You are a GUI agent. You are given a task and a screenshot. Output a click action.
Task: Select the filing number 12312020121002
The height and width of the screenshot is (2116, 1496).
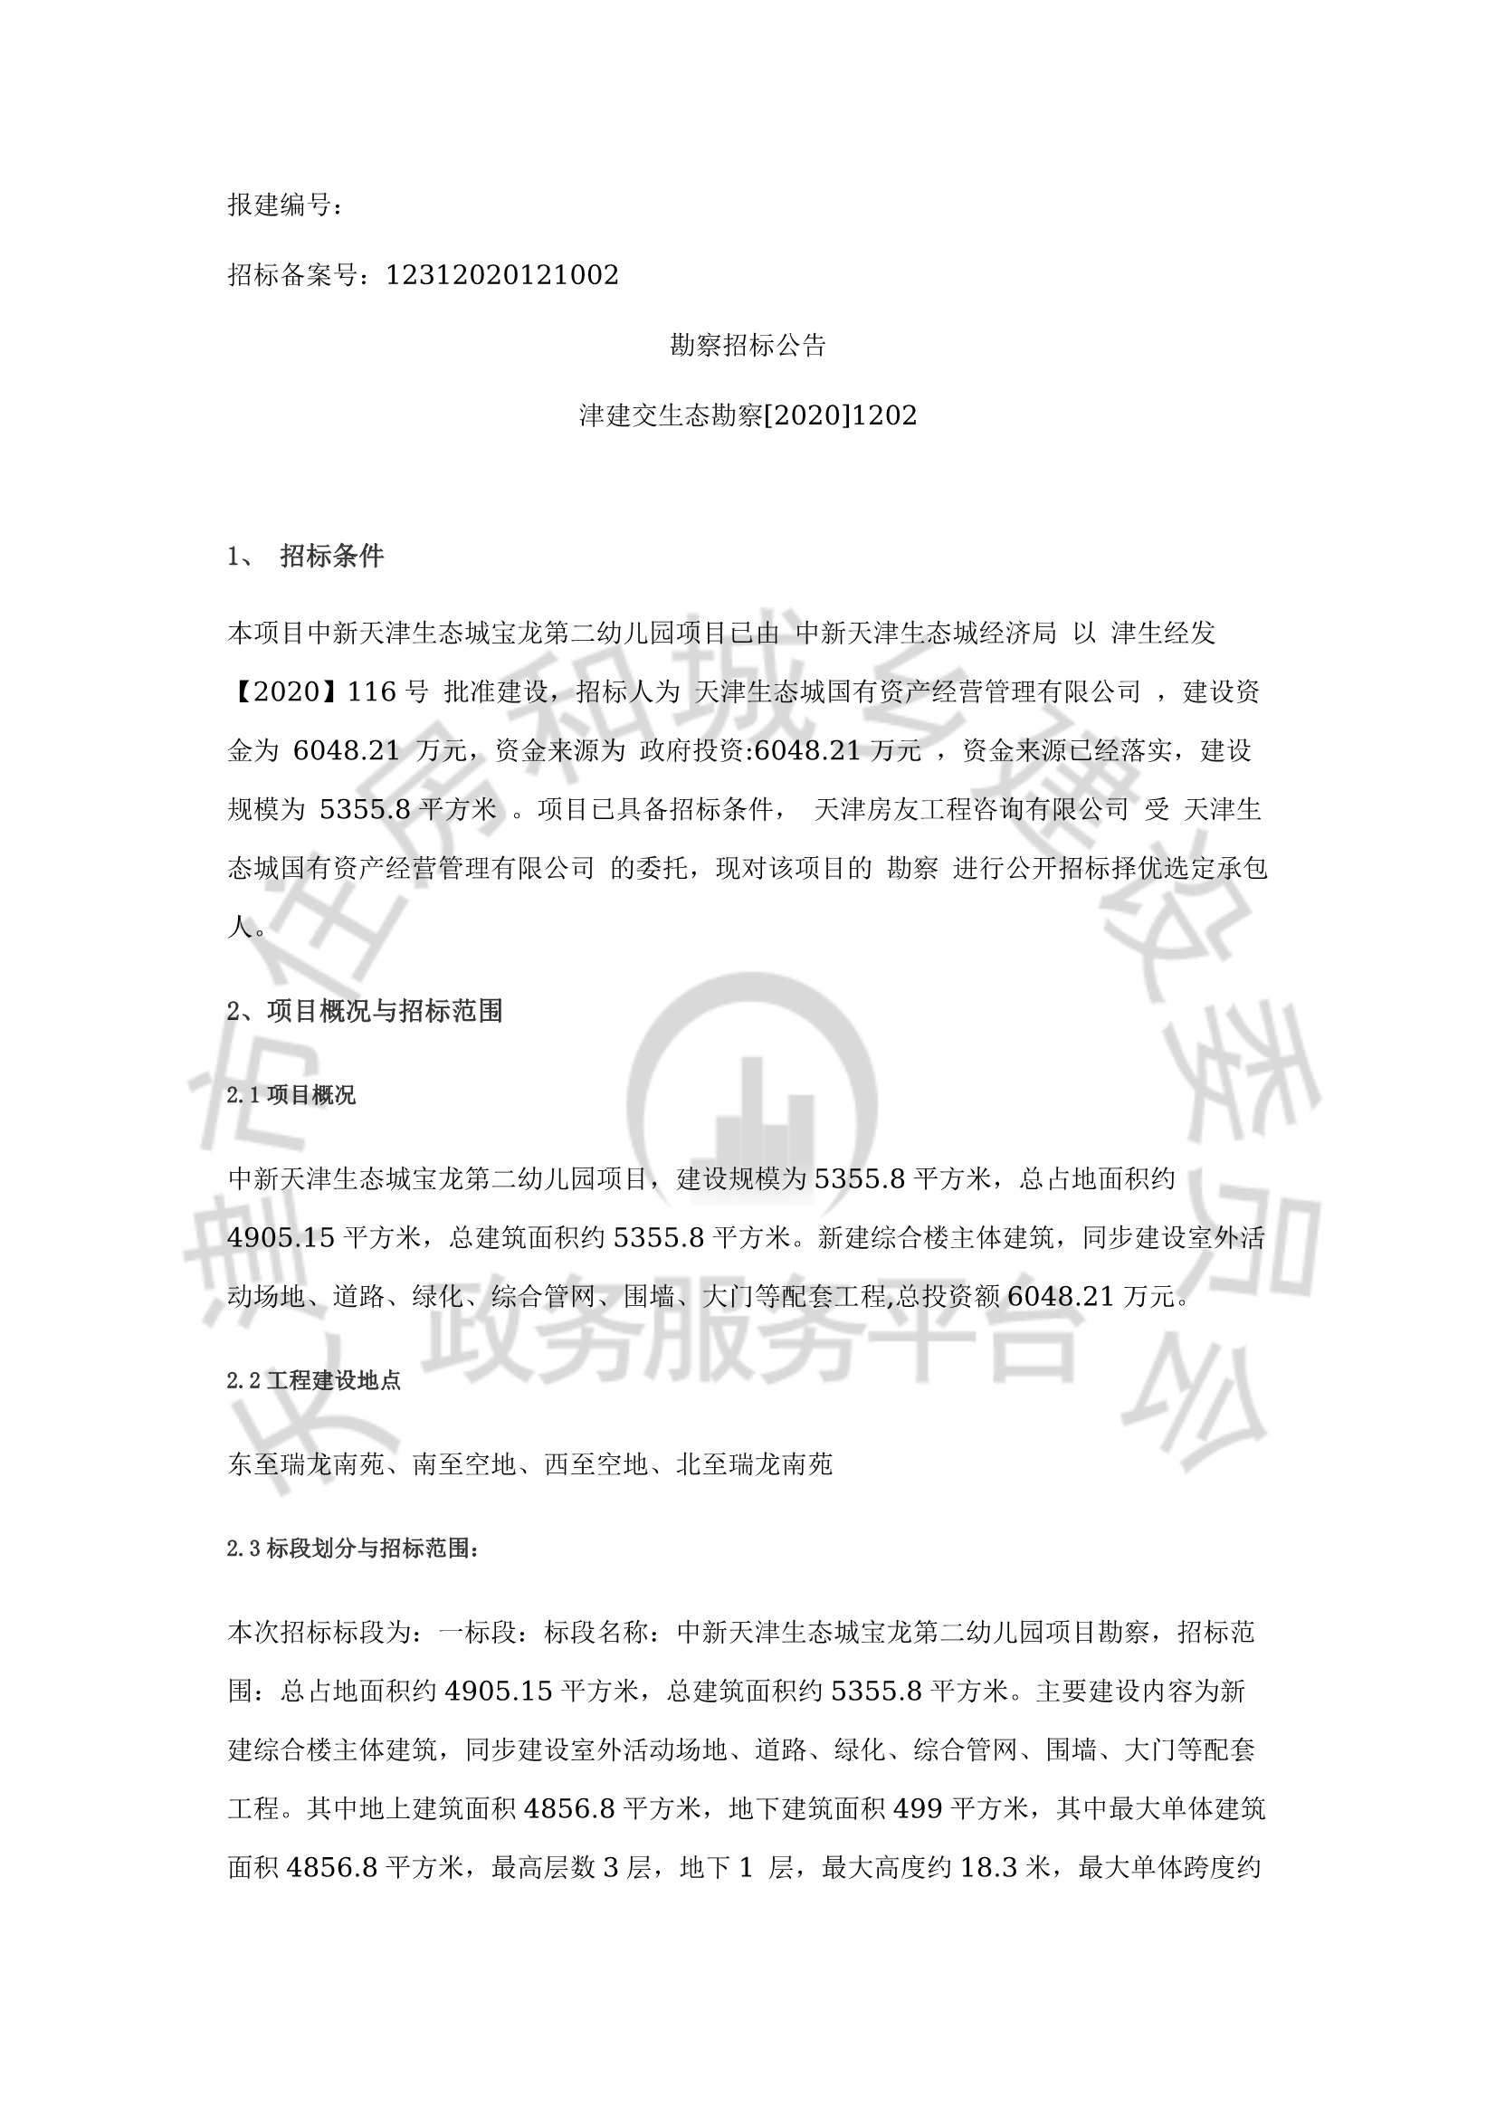coord(501,274)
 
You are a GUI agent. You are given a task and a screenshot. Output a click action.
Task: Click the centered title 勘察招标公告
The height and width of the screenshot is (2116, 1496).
coord(748,346)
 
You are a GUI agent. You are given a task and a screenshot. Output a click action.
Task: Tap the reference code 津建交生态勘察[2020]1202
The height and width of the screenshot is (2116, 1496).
coord(748,415)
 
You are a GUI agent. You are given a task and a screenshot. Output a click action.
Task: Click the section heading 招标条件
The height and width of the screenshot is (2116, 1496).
coord(332,556)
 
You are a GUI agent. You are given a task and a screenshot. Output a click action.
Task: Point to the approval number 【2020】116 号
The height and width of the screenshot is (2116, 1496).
coord(329,691)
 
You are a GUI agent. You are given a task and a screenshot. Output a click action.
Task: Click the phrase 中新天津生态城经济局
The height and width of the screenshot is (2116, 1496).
coord(926,633)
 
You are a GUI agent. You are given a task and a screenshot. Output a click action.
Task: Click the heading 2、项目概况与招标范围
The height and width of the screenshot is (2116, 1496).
coord(365,1011)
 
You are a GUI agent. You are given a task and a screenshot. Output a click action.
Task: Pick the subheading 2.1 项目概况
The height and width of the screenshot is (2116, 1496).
coord(291,1095)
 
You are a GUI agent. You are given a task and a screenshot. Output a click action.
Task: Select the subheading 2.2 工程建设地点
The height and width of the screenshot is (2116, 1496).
coord(313,1380)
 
